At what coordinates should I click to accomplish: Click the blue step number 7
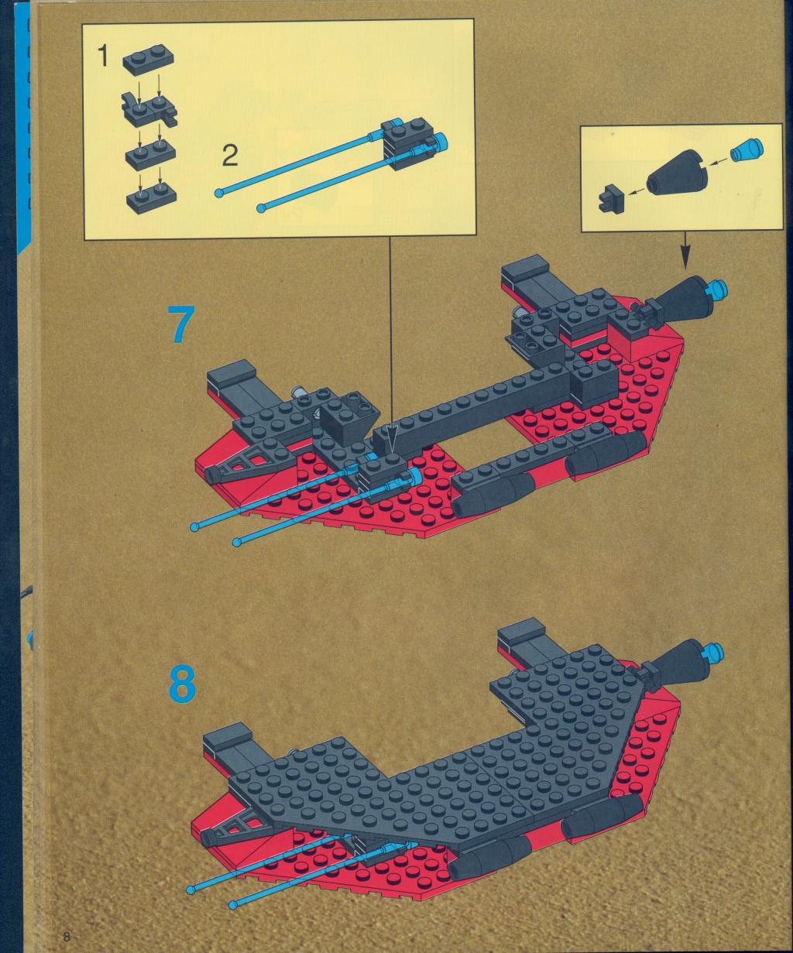click(x=180, y=324)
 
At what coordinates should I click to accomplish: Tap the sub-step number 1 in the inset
click(x=105, y=57)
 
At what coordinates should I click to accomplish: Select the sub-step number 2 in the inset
click(x=230, y=156)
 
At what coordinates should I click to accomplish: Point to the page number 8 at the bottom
click(x=67, y=938)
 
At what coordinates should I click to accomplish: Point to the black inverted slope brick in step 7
click(x=348, y=416)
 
